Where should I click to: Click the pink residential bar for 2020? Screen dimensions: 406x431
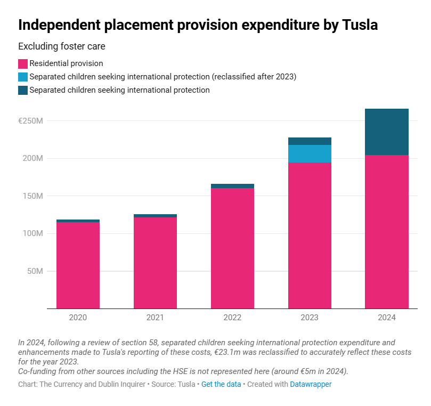tap(78, 265)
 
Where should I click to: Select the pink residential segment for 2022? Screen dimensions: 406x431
tap(232, 248)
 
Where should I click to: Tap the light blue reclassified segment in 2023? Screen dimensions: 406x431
tap(310, 153)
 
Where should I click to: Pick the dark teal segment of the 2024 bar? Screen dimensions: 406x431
tap(387, 132)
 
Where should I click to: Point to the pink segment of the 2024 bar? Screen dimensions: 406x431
tap(387, 232)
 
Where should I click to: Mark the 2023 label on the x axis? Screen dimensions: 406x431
tap(310, 318)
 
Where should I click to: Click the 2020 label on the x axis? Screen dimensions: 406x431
tap(78, 318)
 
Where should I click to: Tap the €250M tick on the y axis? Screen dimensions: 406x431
tap(30, 121)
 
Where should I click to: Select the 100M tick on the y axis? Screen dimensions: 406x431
tap(32, 233)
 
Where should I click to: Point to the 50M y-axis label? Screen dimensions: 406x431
tap(34, 271)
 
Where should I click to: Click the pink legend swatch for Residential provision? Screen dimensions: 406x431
tap(23, 63)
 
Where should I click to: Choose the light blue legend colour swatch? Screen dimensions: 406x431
tap(23, 77)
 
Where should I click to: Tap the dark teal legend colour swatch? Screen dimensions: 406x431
tap(23, 90)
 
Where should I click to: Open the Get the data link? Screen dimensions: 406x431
tap(221, 384)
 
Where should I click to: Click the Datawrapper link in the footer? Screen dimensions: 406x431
tap(311, 384)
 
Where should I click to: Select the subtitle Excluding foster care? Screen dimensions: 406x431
tap(62, 46)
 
